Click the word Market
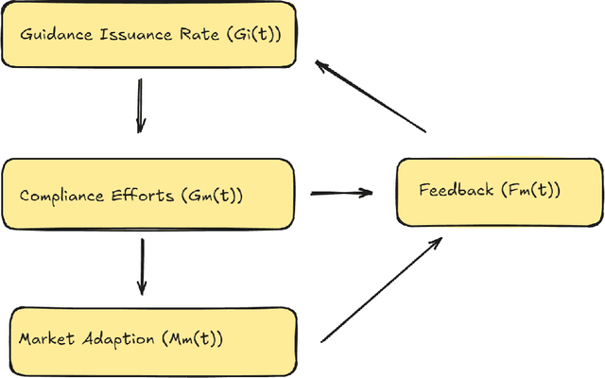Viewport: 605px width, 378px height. [x=45, y=338]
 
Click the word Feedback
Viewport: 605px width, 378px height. [x=456, y=190]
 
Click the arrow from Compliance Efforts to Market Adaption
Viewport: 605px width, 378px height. [x=142, y=266]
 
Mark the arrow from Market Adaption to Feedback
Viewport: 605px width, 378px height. [x=381, y=289]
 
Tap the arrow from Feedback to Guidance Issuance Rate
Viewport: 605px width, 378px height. [x=371, y=96]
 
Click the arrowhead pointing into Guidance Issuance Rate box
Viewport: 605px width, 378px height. [x=321, y=66]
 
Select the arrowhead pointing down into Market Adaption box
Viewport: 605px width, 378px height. [x=142, y=288]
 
